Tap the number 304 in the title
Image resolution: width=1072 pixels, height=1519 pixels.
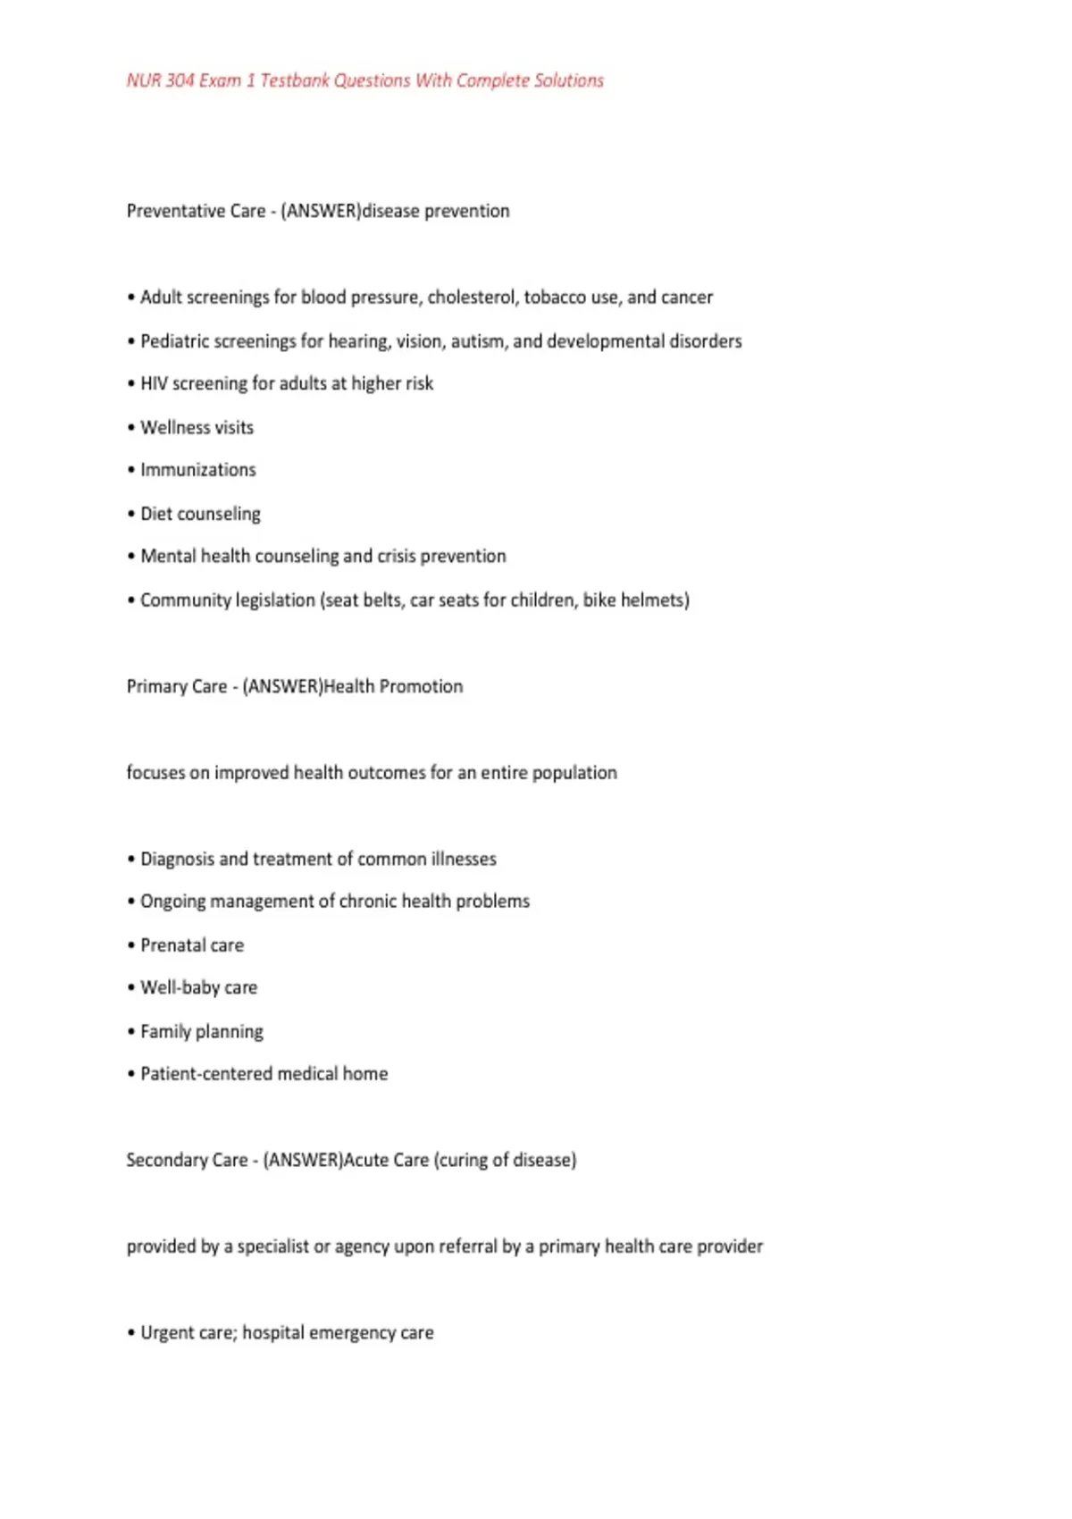tap(180, 80)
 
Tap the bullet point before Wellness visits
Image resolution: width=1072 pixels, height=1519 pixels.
tap(131, 428)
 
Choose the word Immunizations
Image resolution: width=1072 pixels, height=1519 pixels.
tap(198, 470)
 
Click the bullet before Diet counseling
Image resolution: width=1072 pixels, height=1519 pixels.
tap(131, 515)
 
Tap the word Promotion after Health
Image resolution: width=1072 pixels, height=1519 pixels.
tap(422, 686)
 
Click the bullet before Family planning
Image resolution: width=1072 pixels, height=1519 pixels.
tap(131, 1032)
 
